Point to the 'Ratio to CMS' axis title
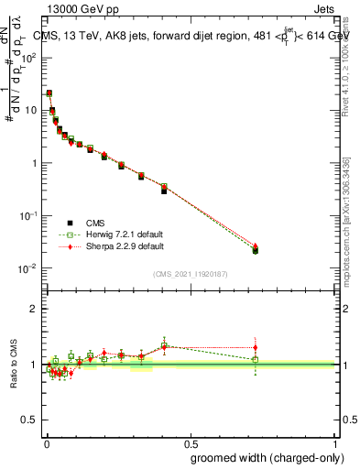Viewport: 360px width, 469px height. [x=14, y=364]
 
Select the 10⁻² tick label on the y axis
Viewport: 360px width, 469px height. [x=28, y=268]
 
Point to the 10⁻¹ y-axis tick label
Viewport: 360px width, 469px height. [x=28, y=215]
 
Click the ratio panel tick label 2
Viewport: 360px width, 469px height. [x=34, y=309]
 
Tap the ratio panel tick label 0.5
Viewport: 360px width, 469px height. [x=30, y=420]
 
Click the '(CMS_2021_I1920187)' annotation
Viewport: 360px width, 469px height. [x=191, y=274]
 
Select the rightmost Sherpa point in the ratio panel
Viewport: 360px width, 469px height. [x=256, y=348]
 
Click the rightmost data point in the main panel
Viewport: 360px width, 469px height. [x=256, y=250]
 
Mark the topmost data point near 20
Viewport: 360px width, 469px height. [x=49, y=93]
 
